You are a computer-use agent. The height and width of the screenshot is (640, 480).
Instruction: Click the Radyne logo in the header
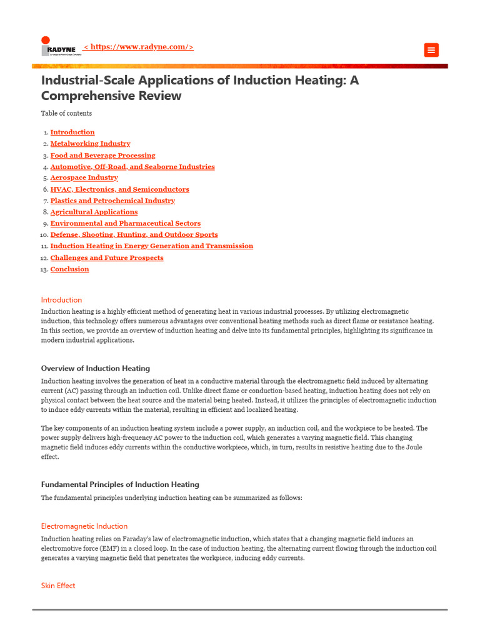[x=61, y=47]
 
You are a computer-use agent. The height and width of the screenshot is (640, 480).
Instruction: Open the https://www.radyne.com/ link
[x=138, y=47]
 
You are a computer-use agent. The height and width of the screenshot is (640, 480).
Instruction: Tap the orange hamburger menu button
[x=431, y=50]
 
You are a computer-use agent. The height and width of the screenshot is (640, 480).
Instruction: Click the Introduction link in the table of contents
[x=72, y=132]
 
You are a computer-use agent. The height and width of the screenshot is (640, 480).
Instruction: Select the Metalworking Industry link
[x=90, y=144]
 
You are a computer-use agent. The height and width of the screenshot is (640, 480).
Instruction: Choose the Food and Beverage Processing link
[x=102, y=156]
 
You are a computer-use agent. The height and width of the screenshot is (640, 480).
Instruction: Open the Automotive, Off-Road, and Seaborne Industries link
[x=132, y=167]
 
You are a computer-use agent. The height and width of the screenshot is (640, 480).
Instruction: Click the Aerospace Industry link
[x=84, y=178]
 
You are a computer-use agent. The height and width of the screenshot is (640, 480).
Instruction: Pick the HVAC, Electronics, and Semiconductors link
[x=119, y=189]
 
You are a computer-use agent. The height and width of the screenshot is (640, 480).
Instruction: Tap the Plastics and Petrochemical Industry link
[x=112, y=201]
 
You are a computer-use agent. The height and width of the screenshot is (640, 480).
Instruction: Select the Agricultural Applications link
[x=94, y=212]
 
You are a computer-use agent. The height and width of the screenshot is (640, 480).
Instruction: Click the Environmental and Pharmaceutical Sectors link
[x=125, y=223]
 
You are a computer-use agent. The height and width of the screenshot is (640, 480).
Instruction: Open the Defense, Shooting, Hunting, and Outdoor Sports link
[x=134, y=235]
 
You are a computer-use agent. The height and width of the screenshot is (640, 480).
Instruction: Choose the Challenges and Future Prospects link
[x=107, y=257]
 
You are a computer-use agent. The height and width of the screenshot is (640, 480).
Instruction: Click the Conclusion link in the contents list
[x=69, y=269]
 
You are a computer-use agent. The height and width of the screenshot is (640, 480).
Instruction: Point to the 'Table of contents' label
[x=66, y=113]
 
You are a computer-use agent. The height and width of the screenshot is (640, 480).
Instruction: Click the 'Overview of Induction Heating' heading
[x=96, y=368]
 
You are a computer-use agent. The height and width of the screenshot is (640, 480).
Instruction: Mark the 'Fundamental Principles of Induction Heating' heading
[x=120, y=484]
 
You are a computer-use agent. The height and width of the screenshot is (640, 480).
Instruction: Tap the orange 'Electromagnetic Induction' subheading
[x=84, y=526]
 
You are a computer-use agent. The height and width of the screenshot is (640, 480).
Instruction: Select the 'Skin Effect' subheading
[x=58, y=586]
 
